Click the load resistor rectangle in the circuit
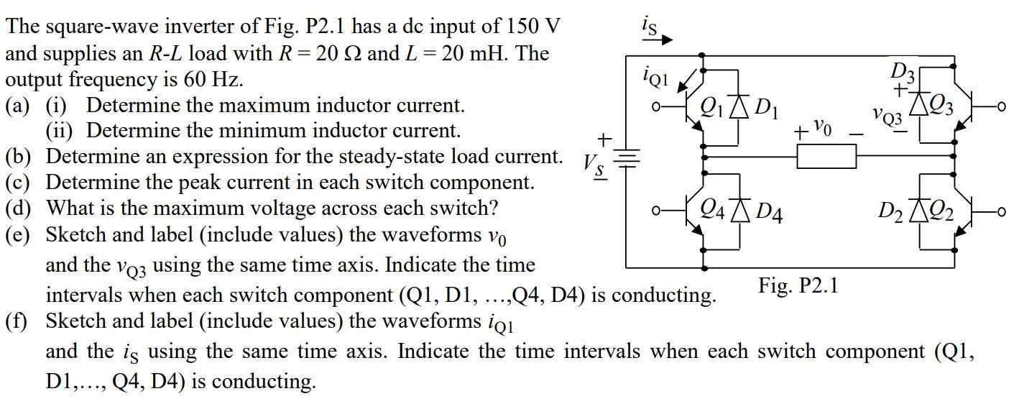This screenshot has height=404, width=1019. point(826,156)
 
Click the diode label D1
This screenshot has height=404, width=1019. point(766,110)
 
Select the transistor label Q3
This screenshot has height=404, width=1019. point(940,109)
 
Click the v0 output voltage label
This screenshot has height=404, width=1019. point(823,130)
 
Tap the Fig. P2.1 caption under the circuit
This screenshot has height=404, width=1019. point(798,286)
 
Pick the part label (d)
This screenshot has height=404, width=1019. point(19,208)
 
